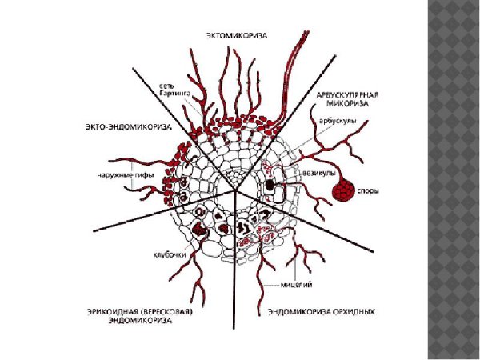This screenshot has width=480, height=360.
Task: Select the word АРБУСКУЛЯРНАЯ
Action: click(x=353, y=94)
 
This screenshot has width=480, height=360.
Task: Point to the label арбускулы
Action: click(x=336, y=122)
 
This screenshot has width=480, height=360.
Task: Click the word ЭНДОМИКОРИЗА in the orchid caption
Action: click(x=297, y=310)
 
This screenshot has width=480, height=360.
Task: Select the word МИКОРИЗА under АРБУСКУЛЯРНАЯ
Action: click(x=353, y=103)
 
